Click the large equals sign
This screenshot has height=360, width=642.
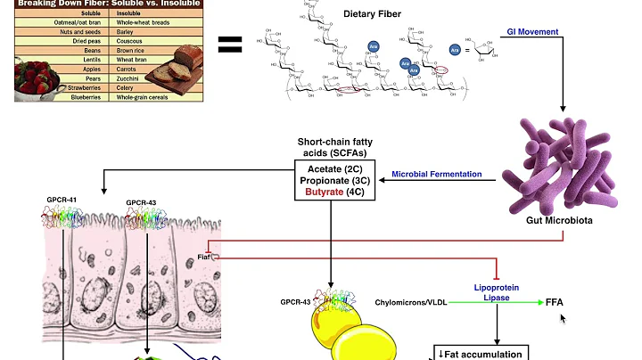point(230,44)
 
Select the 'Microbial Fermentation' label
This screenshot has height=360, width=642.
point(438,174)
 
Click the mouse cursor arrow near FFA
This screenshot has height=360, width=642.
point(563,316)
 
